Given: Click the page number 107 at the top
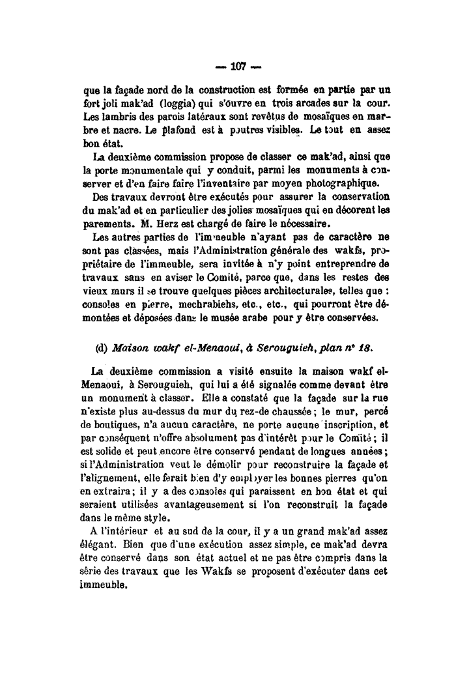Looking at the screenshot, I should click(235, 66).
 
